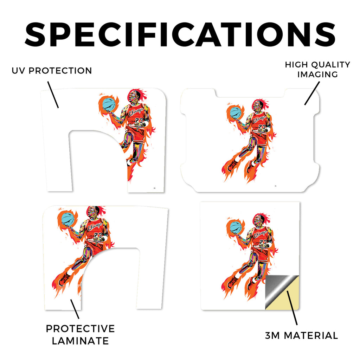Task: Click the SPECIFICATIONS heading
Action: point(180,35)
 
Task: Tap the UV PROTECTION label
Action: point(52,71)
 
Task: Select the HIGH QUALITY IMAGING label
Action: point(317,70)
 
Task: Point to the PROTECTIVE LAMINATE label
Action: point(80,335)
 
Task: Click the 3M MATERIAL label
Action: point(301,336)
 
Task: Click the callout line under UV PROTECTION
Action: point(53,95)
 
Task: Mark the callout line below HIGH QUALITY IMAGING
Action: point(312,94)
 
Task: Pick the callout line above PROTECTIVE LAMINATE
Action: point(75,309)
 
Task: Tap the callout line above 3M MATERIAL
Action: point(292,308)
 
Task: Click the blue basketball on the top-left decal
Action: point(109,104)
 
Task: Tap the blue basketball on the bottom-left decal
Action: point(68,220)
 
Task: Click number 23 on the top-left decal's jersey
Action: point(139,121)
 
